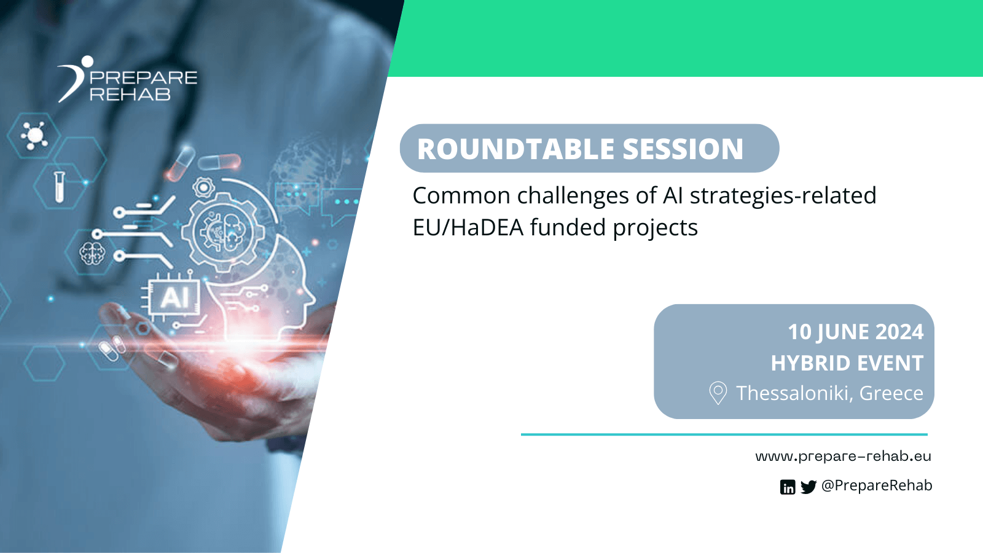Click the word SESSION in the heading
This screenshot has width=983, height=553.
(x=683, y=149)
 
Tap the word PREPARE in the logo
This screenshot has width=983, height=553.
(x=143, y=78)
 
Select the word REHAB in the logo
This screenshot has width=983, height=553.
(x=130, y=95)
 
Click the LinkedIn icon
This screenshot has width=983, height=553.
(x=788, y=487)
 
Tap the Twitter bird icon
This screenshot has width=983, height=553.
(x=809, y=487)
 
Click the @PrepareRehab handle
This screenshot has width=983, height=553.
(x=877, y=485)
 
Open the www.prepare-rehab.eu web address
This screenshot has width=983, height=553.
(x=843, y=457)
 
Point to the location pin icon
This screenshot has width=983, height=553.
(x=718, y=393)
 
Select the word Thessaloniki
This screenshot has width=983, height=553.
(x=793, y=393)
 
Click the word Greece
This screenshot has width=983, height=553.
(x=891, y=393)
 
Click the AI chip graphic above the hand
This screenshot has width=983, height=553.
(x=174, y=298)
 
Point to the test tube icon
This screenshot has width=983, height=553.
(x=59, y=186)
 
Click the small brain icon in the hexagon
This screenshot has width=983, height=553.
(x=92, y=253)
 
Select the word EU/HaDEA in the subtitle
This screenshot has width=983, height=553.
(x=468, y=228)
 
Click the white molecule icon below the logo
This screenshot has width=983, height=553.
(x=34, y=135)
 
